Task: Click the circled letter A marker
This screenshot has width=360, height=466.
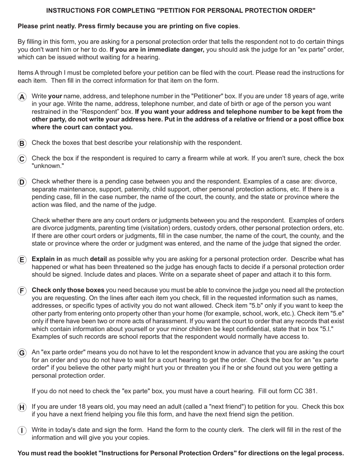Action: click(22, 97)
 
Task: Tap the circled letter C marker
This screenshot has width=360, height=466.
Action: click(22, 159)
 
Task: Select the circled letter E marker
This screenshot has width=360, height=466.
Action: click(22, 260)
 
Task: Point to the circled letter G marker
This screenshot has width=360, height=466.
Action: click(22, 353)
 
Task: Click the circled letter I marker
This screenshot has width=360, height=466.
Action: click(22, 430)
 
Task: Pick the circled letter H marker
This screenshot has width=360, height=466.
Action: click(22, 407)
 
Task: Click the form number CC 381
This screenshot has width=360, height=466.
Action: click(305, 391)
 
